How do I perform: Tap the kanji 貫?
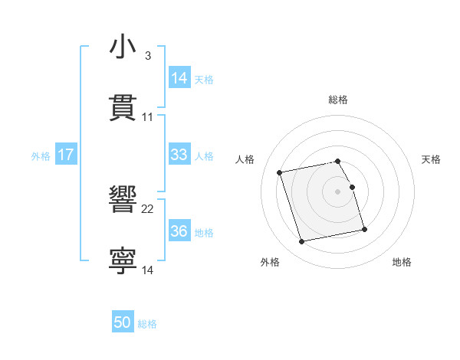(123, 107)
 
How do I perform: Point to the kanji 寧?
(123, 260)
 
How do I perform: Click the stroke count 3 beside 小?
(148, 56)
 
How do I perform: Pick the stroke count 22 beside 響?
(148, 208)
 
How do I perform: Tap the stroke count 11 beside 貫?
(148, 117)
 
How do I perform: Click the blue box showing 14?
(179, 78)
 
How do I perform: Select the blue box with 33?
(179, 155)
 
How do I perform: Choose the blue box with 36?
(179, 231)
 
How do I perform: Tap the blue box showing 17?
(66, 155)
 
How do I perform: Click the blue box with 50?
(123, 323)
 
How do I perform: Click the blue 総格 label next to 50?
(147, 324)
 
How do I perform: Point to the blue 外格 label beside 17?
(41, 155)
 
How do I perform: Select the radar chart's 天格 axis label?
(431, 159)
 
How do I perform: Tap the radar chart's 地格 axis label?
(402, 262)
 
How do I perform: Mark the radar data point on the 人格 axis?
(280, 172)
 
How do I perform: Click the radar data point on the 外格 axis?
(302, 242)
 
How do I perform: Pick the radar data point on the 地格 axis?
(364, 229)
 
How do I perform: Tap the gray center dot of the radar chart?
(337, 191)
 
